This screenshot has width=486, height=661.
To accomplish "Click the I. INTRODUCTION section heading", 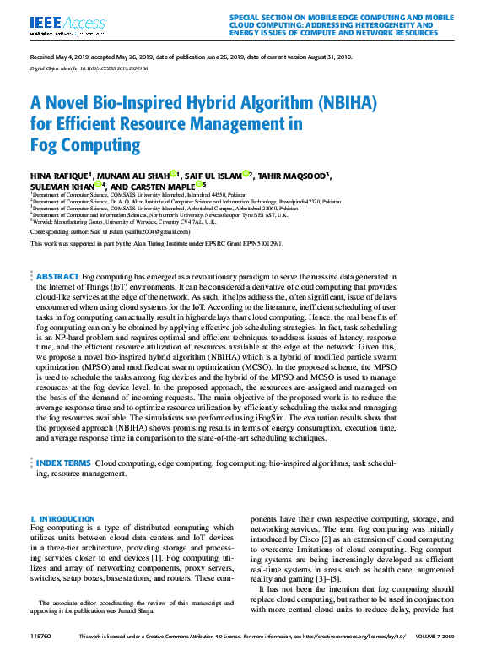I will pyautogui.click(x=62, y=518).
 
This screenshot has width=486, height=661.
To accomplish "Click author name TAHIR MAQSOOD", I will pyautogui.click(x=294, y=176).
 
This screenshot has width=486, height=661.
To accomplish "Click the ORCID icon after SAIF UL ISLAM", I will pyautogui.click(x=247, y=175).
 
